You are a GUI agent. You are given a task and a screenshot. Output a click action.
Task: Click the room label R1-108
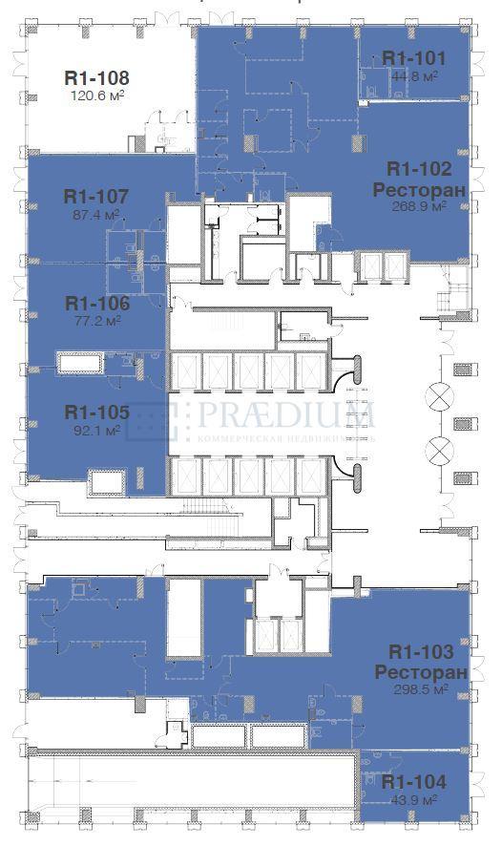tap(96, 77)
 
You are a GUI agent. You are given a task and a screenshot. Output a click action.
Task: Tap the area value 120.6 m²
tap(96, 95)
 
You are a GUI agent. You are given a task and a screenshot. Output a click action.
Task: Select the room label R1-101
tap(413, 58)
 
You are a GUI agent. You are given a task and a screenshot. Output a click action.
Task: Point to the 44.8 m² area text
tap(413, 75)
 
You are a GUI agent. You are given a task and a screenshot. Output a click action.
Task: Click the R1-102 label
tap(418, 169)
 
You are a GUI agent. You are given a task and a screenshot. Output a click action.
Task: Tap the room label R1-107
tap(96, 198)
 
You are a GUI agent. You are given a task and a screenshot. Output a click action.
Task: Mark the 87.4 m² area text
tap(96, 215)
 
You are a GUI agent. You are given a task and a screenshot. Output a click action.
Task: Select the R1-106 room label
tap(96, 304)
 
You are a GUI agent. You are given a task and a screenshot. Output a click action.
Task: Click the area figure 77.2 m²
tap(96, 321)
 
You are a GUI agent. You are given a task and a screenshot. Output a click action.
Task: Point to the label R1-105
tap(96, 412)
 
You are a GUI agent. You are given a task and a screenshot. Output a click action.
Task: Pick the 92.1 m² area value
tap(96, 430)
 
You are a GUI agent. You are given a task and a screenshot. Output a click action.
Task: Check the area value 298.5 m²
tap(421, 689)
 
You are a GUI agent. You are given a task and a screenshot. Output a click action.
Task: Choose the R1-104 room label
tap(413, 781)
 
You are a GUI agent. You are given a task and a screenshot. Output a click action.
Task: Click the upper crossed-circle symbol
tap(441, 394)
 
